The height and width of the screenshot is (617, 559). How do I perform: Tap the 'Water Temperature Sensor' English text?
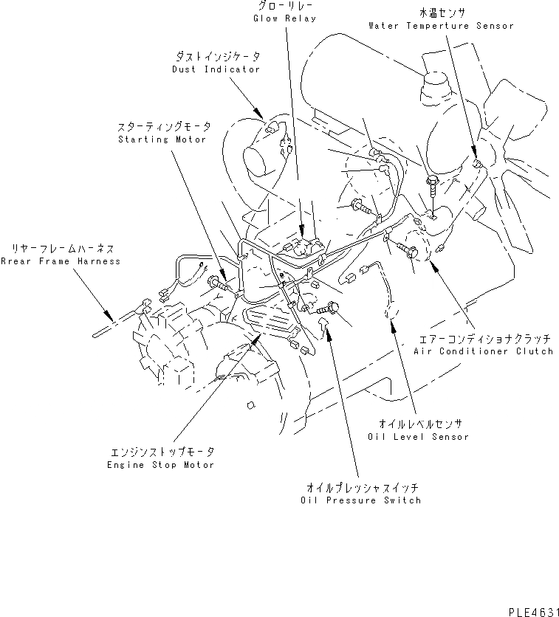(440, 26)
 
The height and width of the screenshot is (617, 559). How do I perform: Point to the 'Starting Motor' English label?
(162, 139)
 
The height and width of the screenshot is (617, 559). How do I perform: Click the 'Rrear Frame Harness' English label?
(60, 261)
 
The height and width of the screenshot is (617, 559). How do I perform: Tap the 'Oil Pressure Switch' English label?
(361, 500)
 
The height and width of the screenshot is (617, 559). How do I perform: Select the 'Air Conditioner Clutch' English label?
(483, 351)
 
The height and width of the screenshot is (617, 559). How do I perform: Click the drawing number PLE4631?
(530, 612)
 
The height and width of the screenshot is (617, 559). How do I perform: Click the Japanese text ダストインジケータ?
(217, 57)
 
